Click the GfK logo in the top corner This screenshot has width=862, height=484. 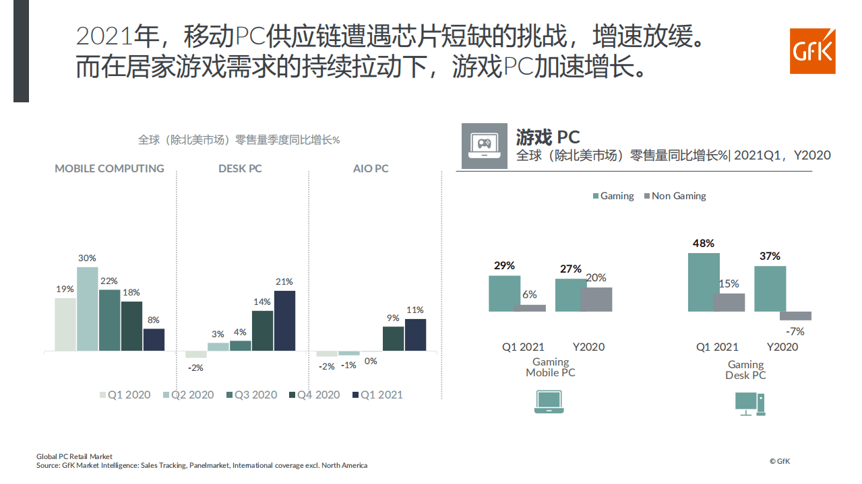812,51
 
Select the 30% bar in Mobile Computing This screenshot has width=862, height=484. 87,309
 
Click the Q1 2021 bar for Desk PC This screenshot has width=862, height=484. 284,320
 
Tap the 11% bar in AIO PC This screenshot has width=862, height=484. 415,335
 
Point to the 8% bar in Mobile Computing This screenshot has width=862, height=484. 154,339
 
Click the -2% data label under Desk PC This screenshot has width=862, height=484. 195,368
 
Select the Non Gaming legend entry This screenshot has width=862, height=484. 675,196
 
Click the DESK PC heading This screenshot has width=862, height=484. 241,168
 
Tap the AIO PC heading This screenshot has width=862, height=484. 371,168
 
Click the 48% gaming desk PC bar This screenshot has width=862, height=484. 704,282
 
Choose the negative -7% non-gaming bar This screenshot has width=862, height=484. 795,316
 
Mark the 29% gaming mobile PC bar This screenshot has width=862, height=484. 504,293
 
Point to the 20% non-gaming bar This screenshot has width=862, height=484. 596,300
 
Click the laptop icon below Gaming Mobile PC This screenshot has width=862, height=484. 549,401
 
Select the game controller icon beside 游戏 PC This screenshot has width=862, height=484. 484,145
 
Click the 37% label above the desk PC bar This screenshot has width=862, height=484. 770,256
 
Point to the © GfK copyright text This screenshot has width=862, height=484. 780,461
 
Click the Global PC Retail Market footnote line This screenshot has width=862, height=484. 74,456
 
